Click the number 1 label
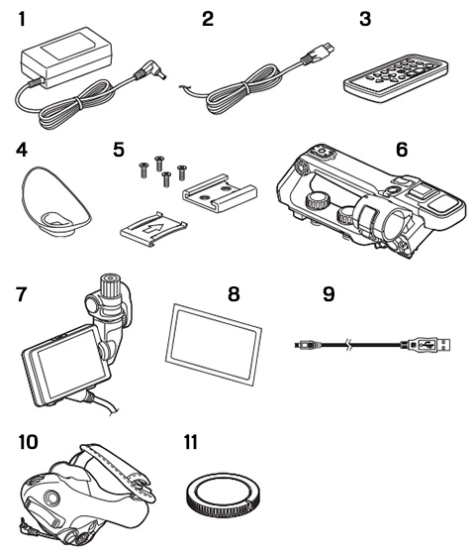point(22,19)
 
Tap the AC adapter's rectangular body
point(66,55)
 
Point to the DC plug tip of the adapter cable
point(160,75)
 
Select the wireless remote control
point(396,78)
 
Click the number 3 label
point(365,19)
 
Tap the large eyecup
point(55,202)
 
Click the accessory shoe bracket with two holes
point(219,193)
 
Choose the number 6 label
point(402,150)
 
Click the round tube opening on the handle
point(397,227)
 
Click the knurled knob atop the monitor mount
point(110,285)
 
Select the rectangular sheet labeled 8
point(214,344)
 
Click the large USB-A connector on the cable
point(429,345)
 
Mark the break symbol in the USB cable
point(348,345)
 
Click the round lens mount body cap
point(223,495)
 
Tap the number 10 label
point(28,442)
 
